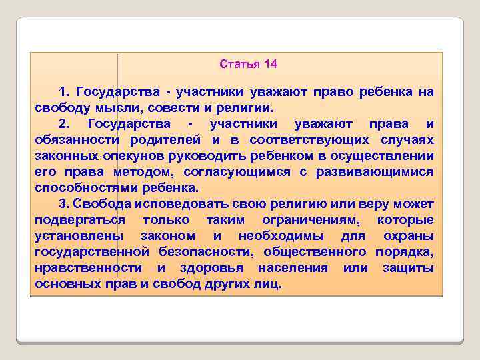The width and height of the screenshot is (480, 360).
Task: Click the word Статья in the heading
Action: tap(238, 65)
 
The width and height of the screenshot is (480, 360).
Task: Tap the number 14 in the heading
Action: tap(270, 65)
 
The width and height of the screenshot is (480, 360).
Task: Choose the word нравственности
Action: tap(87, 267)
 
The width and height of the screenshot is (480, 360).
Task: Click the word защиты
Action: tap(408, 267)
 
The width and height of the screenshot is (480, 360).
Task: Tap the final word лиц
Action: tap(270, 283)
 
